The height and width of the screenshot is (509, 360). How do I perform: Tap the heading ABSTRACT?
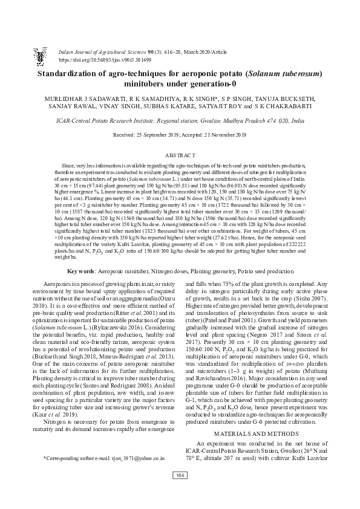(180, 155)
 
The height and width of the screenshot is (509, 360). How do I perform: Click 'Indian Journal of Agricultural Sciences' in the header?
(99, 53)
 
